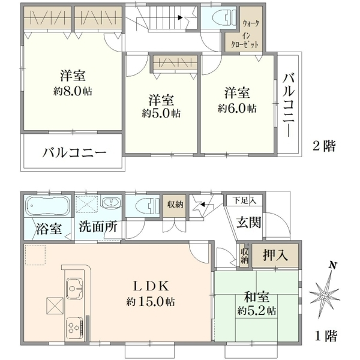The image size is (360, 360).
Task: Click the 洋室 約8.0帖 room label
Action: coord(73,83)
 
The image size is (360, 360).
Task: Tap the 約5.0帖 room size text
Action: coord(161,113)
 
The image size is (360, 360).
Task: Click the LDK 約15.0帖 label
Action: coord(151,293)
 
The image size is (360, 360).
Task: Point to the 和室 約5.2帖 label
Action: coord(257,304)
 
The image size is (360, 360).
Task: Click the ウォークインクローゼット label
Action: coord(245,34)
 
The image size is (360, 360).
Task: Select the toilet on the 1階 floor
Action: coord(148,206)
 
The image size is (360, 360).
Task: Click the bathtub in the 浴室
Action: coord(47,206)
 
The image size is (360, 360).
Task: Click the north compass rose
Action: coord(325,295)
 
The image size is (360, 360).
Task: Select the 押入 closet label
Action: coord(275,255)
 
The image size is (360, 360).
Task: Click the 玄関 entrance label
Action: coord(249,222)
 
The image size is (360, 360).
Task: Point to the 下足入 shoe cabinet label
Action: coord(244,200)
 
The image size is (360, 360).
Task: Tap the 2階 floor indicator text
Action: coord(324,146)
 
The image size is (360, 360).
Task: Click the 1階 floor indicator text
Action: coord(326,337)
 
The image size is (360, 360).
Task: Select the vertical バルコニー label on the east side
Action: coord(289,106)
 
